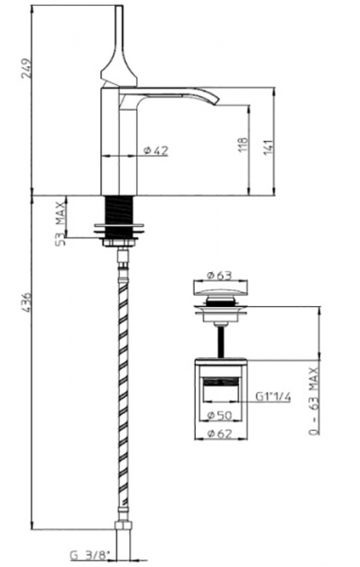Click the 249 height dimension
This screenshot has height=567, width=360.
tap(26, 68)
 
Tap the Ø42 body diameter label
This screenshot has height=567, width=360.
tap(156, 150)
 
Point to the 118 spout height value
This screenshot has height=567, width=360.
tap(244, 145)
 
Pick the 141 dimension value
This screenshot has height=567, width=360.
tap(268, 147)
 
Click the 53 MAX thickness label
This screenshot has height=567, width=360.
tap(61, 224)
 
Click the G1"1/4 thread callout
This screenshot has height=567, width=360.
tap(273, 397)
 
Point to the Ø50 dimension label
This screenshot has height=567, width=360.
tap(220, 415)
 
